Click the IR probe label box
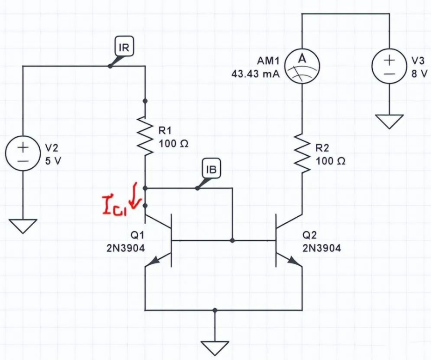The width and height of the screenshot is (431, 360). tap(124, 47)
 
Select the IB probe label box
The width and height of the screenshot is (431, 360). tap(212, 169)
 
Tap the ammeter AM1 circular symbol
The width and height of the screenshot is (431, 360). tap(302, 67)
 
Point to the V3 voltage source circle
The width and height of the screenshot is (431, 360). tap(389, 67)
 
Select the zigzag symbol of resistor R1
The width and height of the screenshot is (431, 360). tap(145, 138)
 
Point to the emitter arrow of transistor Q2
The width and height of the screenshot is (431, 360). tap(294, 261)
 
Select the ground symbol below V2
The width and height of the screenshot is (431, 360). tap(23, 226)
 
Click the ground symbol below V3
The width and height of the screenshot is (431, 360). tap(389, 122)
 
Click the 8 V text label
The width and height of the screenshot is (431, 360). tap(419, 73)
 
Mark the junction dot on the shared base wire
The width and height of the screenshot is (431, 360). tap(232, 240)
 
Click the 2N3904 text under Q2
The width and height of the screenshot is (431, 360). tap(322, 248)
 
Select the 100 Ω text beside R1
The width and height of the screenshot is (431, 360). tap(173, 144)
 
